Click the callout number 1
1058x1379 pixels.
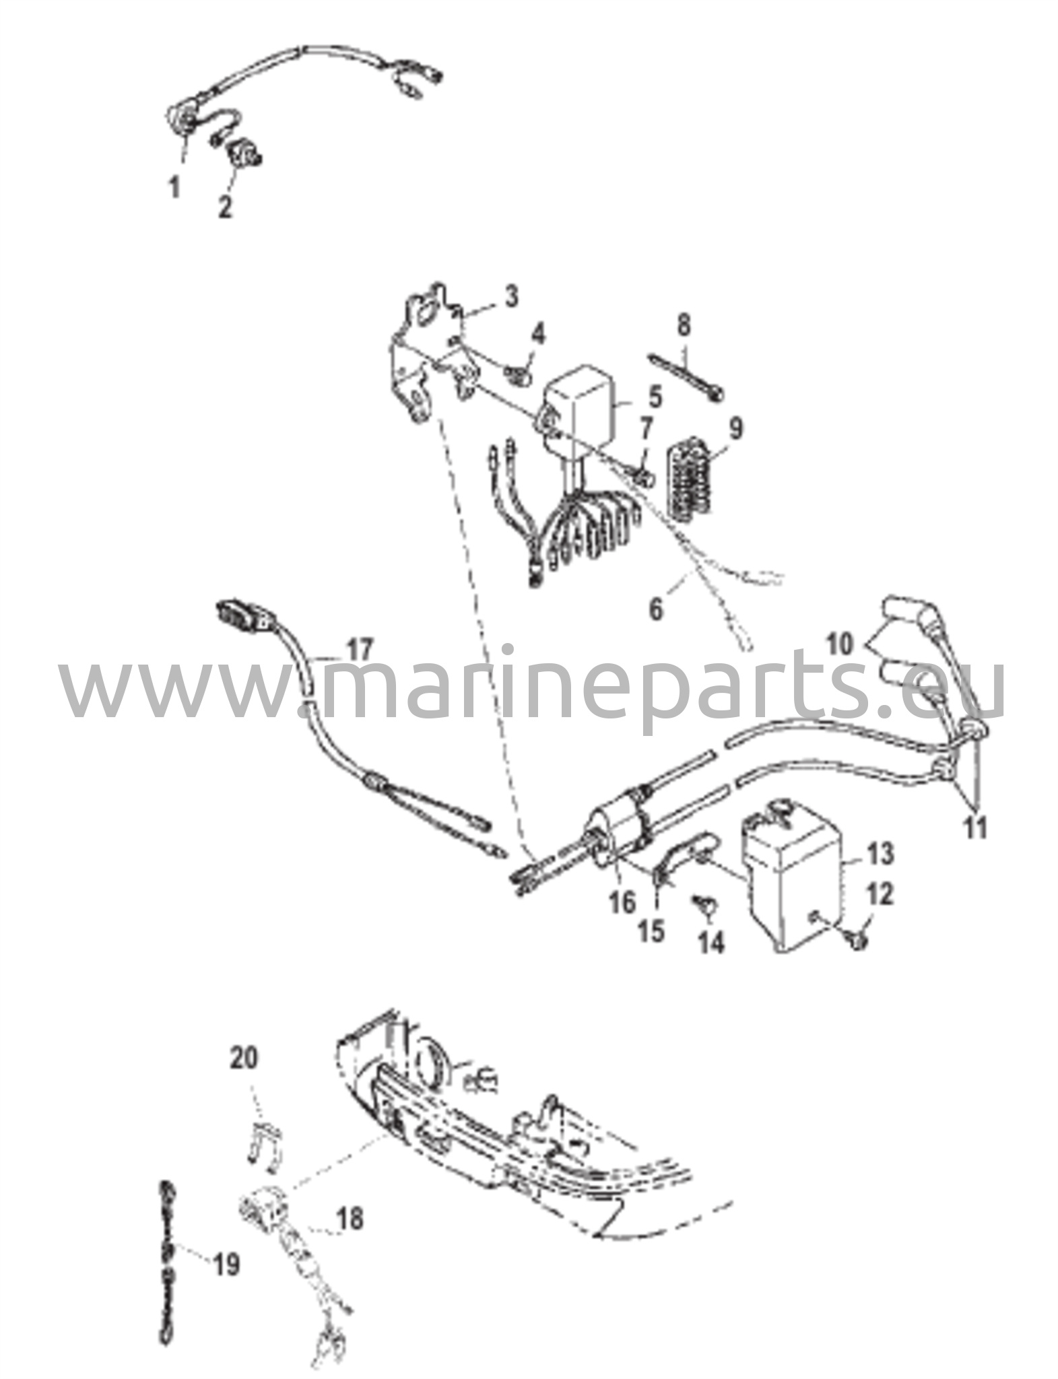[175, 186]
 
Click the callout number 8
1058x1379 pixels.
[684, 325]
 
